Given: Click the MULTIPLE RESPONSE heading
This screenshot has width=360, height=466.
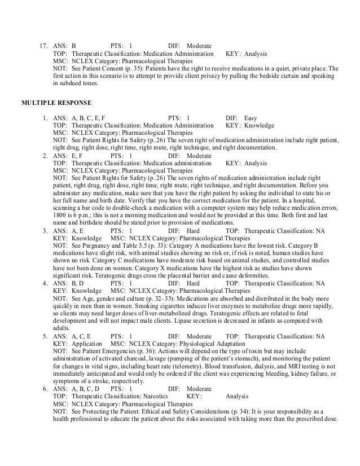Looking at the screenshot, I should coord(54,103).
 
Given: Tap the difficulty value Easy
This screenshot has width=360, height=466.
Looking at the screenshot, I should coord(251,118).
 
